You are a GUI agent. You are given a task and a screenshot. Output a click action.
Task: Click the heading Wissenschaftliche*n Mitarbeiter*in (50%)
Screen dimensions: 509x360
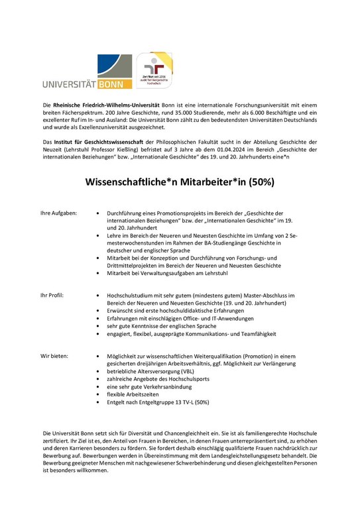[x=180, y=181]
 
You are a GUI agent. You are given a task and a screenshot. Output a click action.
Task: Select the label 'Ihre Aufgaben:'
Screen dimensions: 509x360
[x=60, y=213]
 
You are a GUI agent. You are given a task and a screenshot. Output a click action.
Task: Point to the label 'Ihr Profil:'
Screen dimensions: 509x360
[x=52, y=294]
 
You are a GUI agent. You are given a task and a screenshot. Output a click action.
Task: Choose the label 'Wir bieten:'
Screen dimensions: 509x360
[x=54, y=356]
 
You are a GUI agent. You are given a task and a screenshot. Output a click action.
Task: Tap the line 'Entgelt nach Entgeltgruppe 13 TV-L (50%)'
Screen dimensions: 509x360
[x=158, y=402]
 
